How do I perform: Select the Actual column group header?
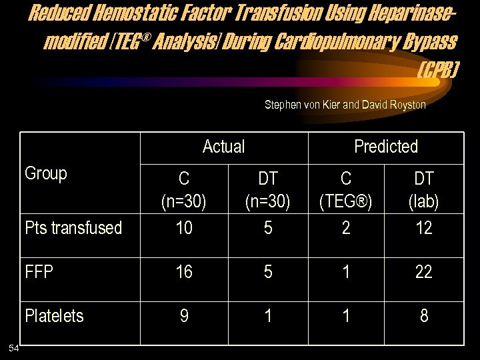(x=223, y=147)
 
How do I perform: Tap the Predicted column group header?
(x=386, y=147)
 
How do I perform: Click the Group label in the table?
(x=46, y=174)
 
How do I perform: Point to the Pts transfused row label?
(x=73, y=228)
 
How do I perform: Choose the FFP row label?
(x=39, y=272)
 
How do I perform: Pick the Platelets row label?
(x=55, y=316)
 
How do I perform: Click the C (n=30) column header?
(x=184, y=189)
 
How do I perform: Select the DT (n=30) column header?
(x=268, y=189)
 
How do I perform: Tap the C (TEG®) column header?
(x=346, y=189)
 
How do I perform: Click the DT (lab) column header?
(x=424, y=189)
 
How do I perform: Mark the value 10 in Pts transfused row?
(x=184, y=228)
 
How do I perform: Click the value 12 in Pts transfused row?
(x=424, y=228)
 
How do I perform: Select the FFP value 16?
(x=184, y=272)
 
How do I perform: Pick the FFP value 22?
(x=424, y=272)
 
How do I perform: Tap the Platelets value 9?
(x=184, y=316)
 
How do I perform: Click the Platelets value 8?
(x=424, y=316)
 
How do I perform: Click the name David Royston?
(x=393, y=105)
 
